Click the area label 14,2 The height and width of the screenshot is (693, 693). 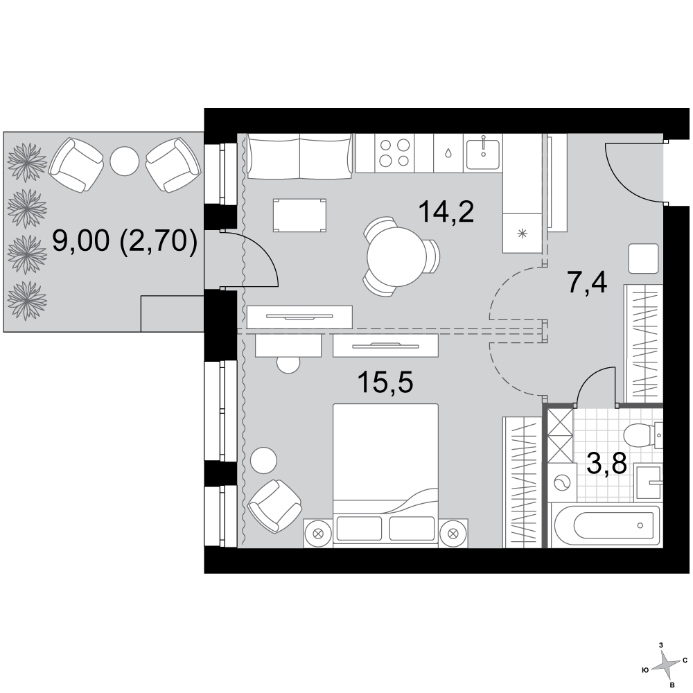(x=446, y=211)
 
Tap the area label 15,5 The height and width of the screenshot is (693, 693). (x=385, y=382)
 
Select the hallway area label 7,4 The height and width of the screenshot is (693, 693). (x=587, y=283)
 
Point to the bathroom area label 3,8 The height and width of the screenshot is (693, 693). (x=607, y=463)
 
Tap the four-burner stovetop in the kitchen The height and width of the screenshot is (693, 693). (x=395, y=153)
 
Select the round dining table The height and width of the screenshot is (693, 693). (x=396, y=257)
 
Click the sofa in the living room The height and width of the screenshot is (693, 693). (x=299, y=157)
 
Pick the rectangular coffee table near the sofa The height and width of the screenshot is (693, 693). (x=299, y=216)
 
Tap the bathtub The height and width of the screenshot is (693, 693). (x=606, y=526)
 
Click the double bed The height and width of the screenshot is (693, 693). (x=385, y=473)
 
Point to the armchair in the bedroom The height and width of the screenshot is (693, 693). (x=274, y=507)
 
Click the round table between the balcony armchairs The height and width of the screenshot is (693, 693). (x=125, y=161)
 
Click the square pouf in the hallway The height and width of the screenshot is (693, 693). (x=644, y=258)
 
